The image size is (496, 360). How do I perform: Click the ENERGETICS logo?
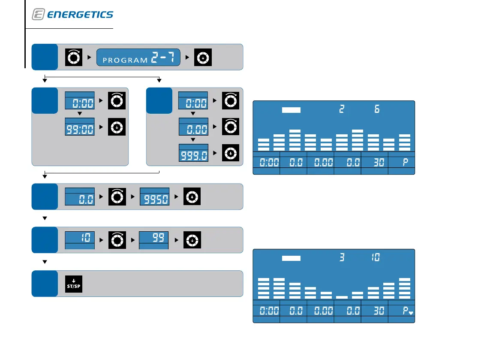(x=72, y=15)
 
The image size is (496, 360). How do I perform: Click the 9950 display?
(x=154, y=197)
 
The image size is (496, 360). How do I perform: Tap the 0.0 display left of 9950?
(x=79, y=197)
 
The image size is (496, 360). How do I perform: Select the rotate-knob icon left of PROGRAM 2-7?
(x=73, y=57)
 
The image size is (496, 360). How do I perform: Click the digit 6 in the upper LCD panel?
(x=377, y=109)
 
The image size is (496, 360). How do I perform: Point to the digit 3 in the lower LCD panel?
(x=342, y=257)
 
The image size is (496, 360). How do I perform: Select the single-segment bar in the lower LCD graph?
(x=342, y=296)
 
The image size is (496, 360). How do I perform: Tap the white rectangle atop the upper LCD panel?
(x=292, y=110)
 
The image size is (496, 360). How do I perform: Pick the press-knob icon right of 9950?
(x=192, y=197)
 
